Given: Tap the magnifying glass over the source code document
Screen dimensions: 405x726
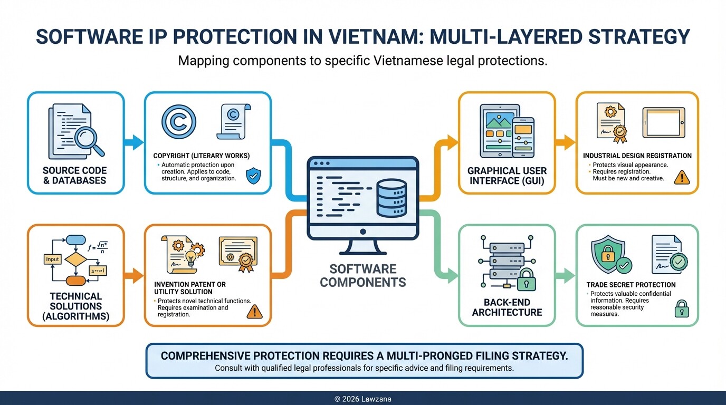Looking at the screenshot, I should [87, 139].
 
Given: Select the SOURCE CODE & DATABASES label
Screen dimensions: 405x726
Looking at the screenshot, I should [74, 176].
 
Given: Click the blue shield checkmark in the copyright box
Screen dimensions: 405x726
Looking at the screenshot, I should [253, 175].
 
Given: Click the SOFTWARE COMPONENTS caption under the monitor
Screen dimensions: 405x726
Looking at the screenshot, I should [363, 276].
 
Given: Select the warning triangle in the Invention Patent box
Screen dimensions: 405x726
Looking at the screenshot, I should [254, 311].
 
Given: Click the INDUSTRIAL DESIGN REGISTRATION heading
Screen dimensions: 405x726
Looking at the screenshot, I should [637, 156].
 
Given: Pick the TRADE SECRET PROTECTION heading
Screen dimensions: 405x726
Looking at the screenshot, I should [631, 285].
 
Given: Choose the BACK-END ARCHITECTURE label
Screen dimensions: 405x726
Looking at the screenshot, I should [507, 307].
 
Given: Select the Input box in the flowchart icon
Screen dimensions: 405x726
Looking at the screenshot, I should [52, 259].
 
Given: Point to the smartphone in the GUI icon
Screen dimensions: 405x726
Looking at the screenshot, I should [522, 136].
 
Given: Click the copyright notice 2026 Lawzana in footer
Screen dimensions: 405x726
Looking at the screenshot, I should [363, 399].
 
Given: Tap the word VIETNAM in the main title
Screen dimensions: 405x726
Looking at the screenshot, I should [338, 36].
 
